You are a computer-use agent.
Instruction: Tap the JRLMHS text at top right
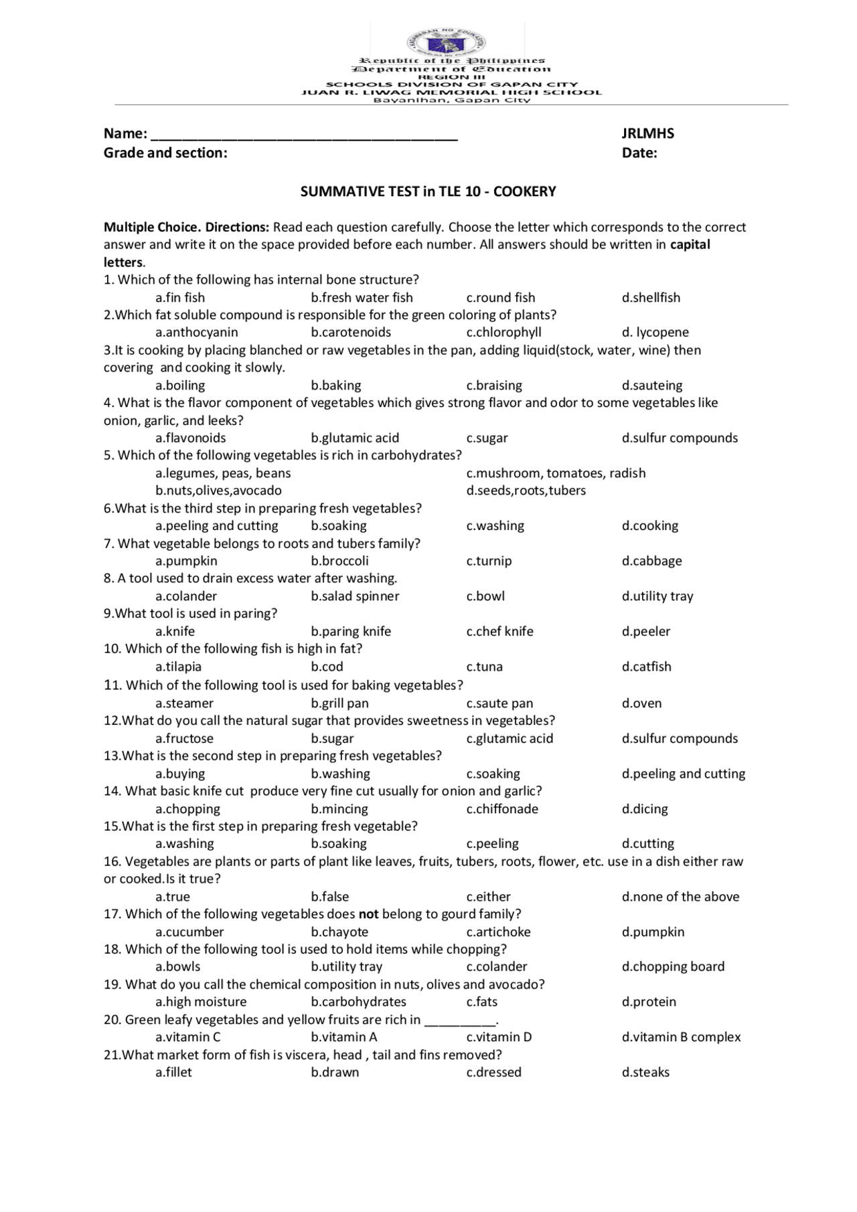coord(647,133)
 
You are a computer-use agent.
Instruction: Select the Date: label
coord(639,153)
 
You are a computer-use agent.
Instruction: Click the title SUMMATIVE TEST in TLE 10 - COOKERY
coord(428,191)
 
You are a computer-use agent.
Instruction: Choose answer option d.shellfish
coord(650,297)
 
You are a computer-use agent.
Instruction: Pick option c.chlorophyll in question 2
coord(503,332)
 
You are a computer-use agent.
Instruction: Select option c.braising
coord(493,385)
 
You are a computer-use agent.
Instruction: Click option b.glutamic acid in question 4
coord(354,438)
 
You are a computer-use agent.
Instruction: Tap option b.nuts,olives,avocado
coord(218,490)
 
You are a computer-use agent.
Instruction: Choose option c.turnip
coord(489,561)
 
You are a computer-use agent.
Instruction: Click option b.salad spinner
coord(354,596)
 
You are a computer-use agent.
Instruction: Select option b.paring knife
coord(350,631)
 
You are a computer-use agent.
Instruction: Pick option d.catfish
coord(646,667)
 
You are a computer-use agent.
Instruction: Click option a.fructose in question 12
coord(184,738)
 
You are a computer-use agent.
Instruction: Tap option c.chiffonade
coord(501,808)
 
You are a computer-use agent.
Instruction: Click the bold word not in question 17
coord(368,914)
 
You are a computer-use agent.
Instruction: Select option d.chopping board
coord(672,966)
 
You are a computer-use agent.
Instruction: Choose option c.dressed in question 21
coord(493,1072)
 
